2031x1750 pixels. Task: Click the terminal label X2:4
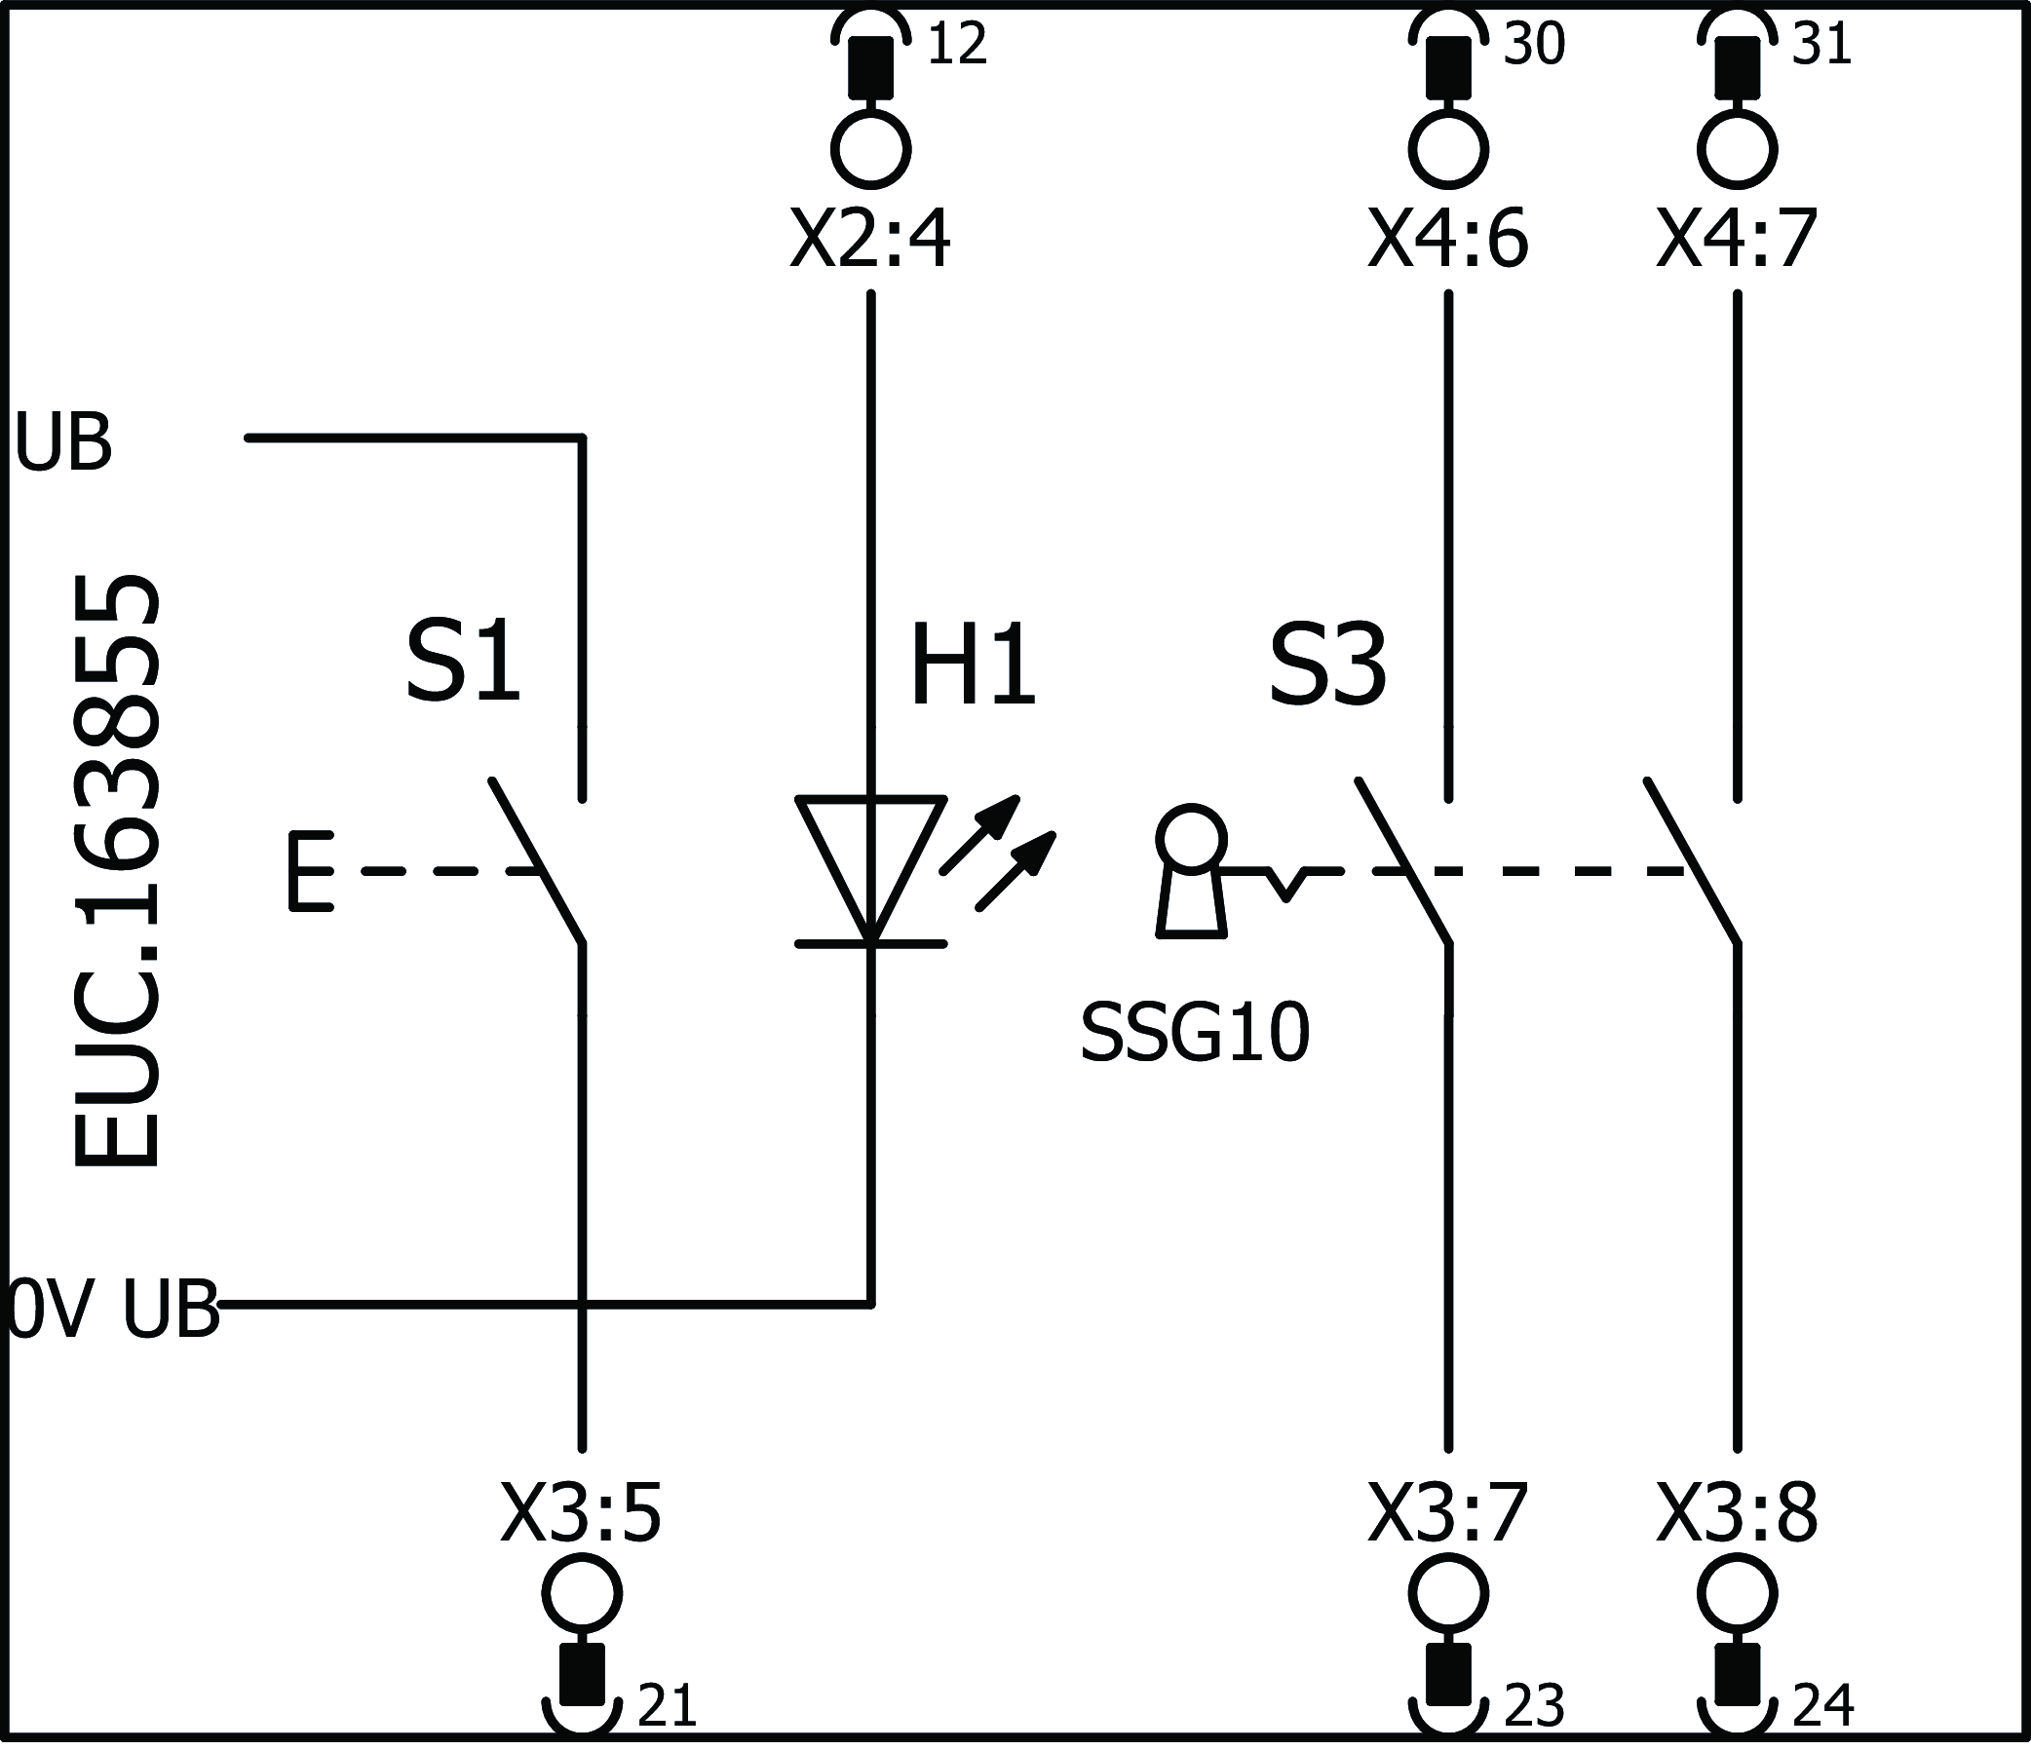click(869, 241)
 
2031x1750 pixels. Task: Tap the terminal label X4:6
click(1448, 241)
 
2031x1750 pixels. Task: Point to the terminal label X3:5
click(581, 1514)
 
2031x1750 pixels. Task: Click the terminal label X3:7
click(1448, 1514)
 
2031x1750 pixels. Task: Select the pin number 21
click(667, 1706)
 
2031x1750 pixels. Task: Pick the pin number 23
click(1534, 1706)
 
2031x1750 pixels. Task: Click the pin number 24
click(1823, 1706)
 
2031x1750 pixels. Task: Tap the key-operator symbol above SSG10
click(1191, 872)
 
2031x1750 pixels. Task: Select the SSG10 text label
click(1195, 1035)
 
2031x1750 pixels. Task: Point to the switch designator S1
click(463, 663)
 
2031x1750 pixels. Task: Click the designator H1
click(973, 666)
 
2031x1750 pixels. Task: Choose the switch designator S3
click(1327, 666)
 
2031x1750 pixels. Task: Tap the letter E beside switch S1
click(311, 871)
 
